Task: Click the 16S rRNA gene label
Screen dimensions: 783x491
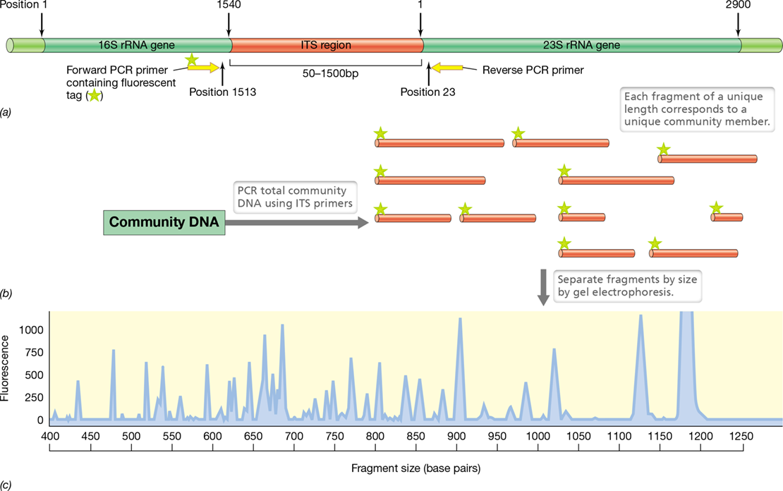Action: tap(136, 45)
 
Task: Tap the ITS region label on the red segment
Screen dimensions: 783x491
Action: tap(326, 45)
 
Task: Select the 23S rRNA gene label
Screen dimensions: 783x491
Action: tap(581, 45)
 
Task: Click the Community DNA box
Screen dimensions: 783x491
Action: tap(164, 222)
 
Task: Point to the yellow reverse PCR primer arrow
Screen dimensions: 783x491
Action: tap(447, 68)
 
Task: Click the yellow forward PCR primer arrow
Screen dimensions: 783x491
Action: tap(203, 68)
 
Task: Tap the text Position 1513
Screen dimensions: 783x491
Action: tap(223, 92)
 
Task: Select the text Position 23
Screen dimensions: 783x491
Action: tap(428, 92)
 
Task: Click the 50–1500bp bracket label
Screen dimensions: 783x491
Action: tap(331, 74)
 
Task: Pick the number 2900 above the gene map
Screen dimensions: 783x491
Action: tap(738, 5)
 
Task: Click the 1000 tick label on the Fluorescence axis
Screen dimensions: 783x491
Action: tap(31, 329)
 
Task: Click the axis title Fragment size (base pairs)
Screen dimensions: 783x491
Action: tap(416, 468)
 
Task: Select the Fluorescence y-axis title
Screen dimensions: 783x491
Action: tap(5, 368)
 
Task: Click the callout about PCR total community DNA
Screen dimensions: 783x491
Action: tap(295, 197)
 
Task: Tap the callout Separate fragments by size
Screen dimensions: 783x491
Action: tap(627, 286)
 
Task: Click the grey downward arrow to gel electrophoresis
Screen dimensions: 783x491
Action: tap(543, 287)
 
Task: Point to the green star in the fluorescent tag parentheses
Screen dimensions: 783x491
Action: tap(94, 95)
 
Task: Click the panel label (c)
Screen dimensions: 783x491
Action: tap(6, 485)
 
